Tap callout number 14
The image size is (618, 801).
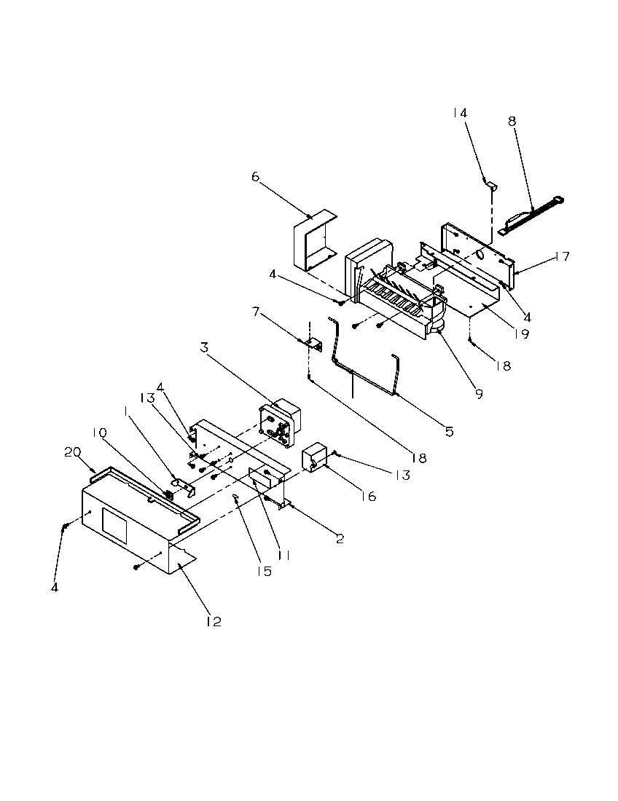tap(459, 113)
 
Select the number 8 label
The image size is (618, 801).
tap(512, 122)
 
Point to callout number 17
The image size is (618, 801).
tap(561, 256)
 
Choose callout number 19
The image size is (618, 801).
tap(520, 335)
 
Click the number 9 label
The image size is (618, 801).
tap(479, 394)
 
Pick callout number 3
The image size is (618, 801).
tap(205, 348)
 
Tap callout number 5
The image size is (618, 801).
tap(449, 432)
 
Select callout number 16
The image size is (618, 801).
tap(369, 496)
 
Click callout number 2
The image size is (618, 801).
tap(340, 539)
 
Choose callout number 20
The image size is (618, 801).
tap(72, 452)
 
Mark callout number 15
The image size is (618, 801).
tap(263, 571)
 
